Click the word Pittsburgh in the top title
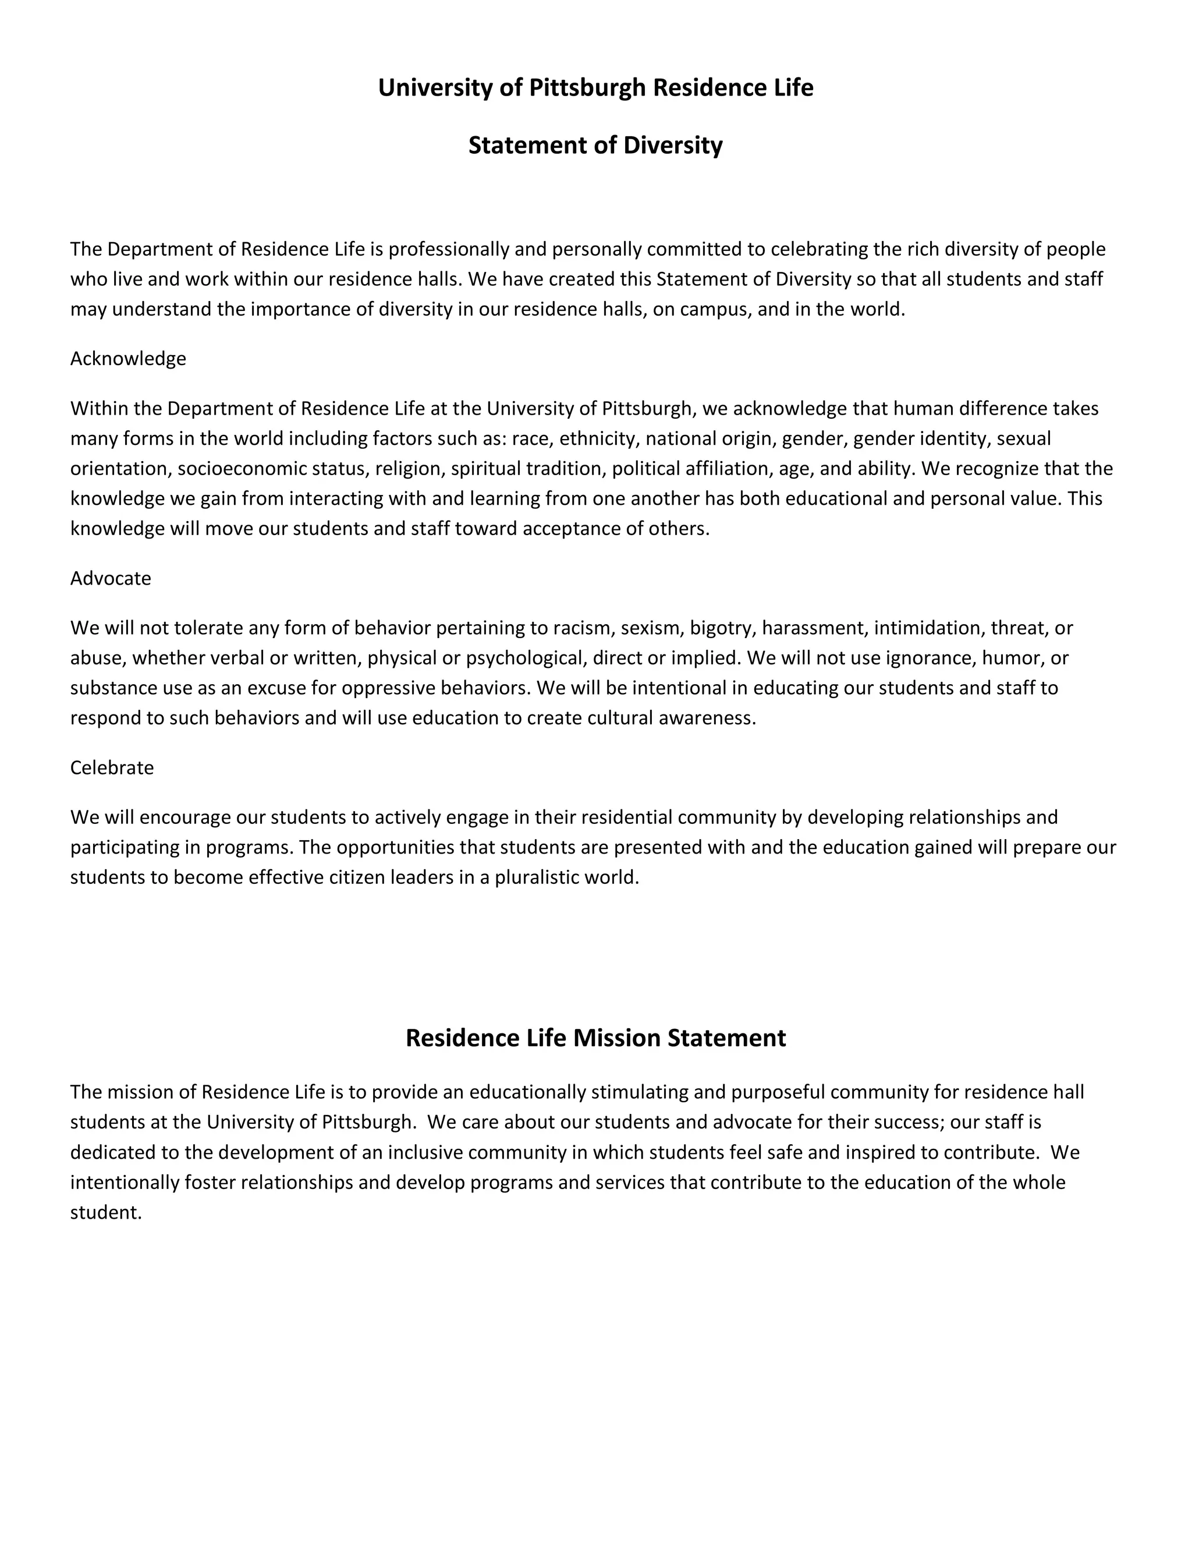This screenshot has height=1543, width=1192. pos(587,87)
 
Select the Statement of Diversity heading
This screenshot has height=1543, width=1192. pos(595,146)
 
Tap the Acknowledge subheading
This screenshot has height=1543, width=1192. pos(128,359)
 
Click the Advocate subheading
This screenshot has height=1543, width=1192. pos(110,579)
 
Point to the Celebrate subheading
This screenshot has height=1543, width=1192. pos(112,767)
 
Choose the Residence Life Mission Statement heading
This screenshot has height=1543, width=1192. pos(595,1038)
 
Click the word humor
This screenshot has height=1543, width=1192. pos(1016,659)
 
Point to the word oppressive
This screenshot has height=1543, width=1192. pos(388,688)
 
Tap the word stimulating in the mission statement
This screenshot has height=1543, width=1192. pos(639,1092)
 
